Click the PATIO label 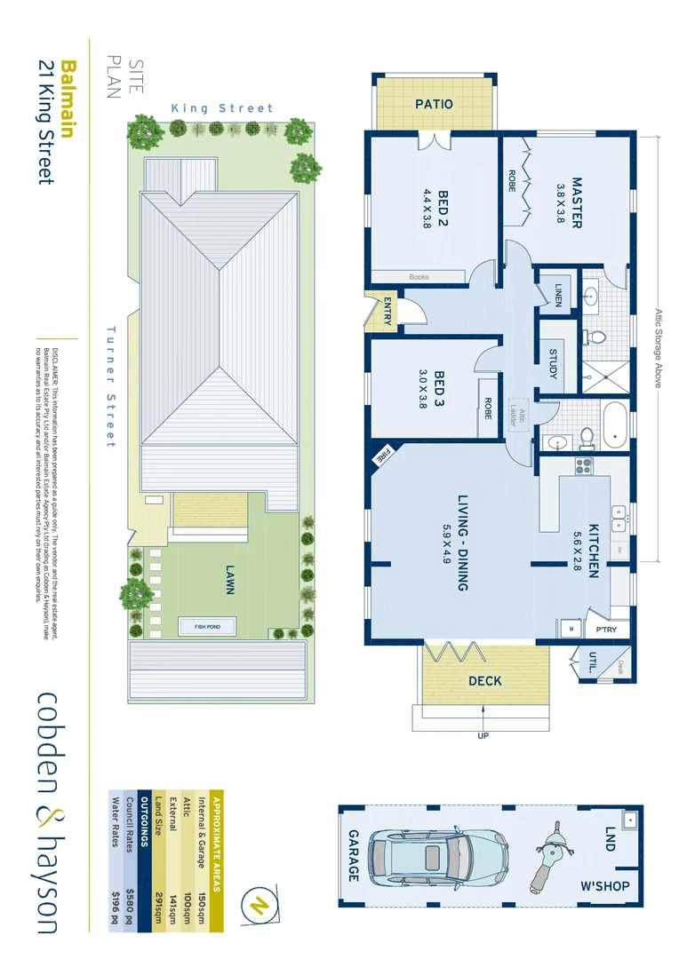coord(435,104)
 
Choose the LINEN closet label coord(557,294)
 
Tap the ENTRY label coord(387,310)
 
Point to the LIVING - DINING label coord(463,542)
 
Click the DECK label coord(484,681)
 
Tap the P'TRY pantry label coord(607,630)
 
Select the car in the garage coord(440,858)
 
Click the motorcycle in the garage coord(550,857)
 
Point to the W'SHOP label coord(604,886)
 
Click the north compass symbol coord(260,906)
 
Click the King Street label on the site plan coord(222,108)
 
